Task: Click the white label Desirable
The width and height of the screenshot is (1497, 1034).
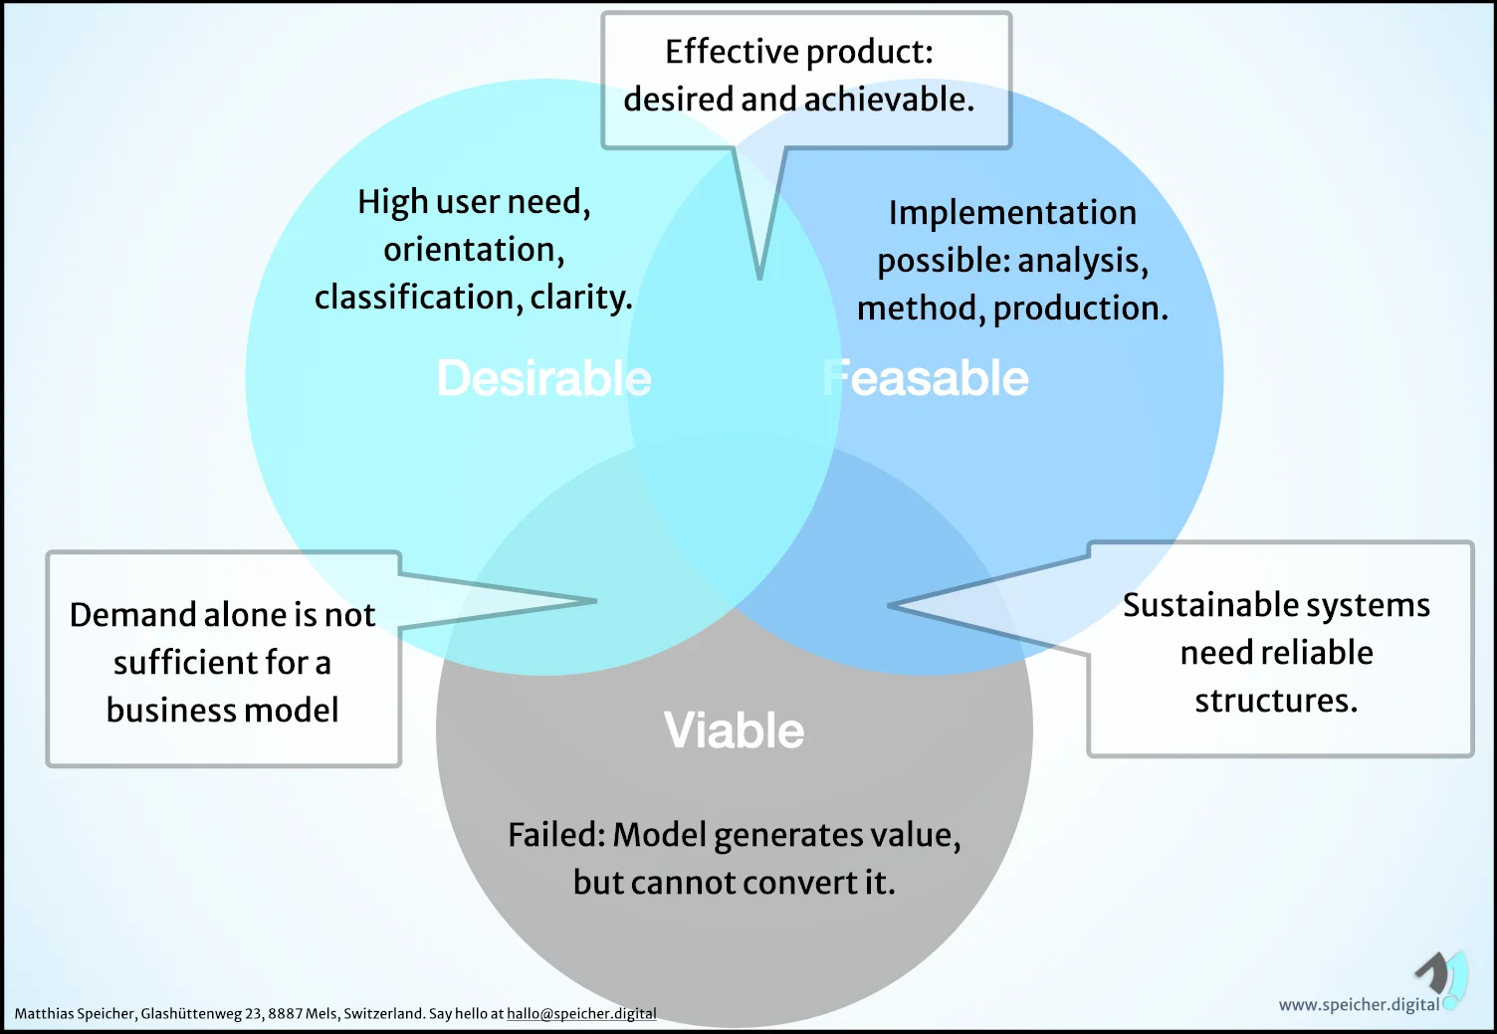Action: [543, 379]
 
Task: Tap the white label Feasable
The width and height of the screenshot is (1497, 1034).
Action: [926, 379]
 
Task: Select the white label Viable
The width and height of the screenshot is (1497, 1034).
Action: [734, 730]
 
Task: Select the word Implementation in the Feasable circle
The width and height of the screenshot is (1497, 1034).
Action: [1012, 213]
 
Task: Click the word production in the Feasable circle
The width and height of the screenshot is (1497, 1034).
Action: [1080, 309]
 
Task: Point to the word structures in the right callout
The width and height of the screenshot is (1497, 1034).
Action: [1276, 701]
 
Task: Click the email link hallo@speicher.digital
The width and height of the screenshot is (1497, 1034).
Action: [581, 1014]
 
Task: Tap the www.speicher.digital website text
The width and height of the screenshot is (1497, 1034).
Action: [1359, 1004]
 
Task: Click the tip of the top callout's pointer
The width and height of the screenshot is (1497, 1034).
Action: [759, 278]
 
